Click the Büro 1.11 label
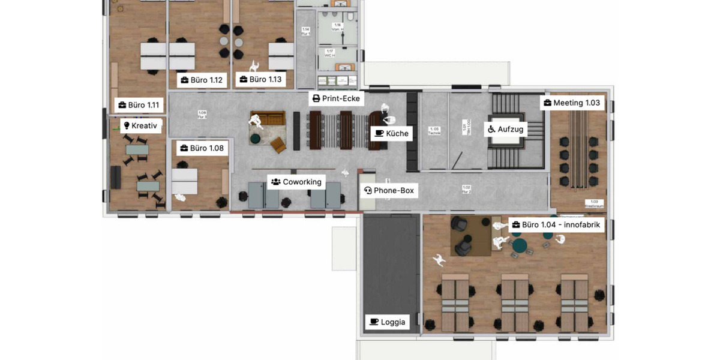(139, 105)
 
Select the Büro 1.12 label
(202, 80)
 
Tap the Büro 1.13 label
(260, 79)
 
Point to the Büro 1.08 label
(202, 148)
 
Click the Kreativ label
(141, 126)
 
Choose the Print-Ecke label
(337, 98)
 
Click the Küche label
(391, 133)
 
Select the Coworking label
(296, 182)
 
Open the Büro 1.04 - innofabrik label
(557, 225)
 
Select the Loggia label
(387, 322)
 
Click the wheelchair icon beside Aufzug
(491, 129)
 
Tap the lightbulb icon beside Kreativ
(127, 126)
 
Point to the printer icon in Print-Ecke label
(316, 98)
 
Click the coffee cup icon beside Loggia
(374, 322)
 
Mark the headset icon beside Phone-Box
(368, 191)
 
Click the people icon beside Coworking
(276, 182)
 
